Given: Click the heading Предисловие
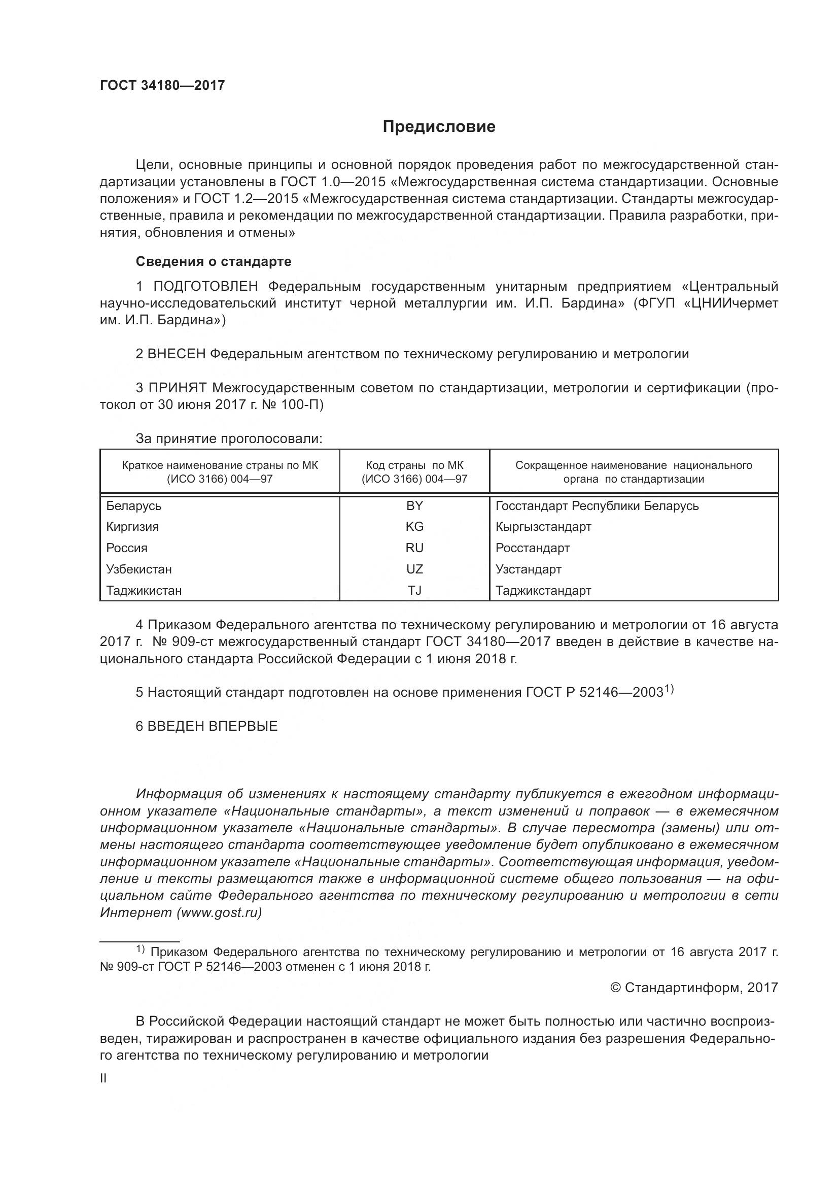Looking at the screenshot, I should point(439,127).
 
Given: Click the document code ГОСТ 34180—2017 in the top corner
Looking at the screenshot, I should point(162,85).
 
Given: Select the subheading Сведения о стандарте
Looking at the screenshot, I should point(214,261).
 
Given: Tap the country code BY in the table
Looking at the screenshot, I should point(414,505).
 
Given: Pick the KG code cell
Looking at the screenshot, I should point(414,527).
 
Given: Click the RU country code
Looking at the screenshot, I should point(414,548).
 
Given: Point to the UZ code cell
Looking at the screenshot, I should point(414,569).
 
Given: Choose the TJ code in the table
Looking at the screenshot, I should point(414,590).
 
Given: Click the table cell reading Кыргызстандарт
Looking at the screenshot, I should point(543,527).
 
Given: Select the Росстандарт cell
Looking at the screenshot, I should point(532,548).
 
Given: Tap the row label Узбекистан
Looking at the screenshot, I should point(138,569).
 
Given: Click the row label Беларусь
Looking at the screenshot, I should point(134,505).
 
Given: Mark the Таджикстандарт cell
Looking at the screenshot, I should point(543,590).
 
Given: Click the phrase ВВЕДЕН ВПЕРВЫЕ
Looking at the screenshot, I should point(213,726).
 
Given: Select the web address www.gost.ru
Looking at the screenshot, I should point(219,912).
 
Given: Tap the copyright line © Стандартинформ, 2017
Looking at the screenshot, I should point(694,988).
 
